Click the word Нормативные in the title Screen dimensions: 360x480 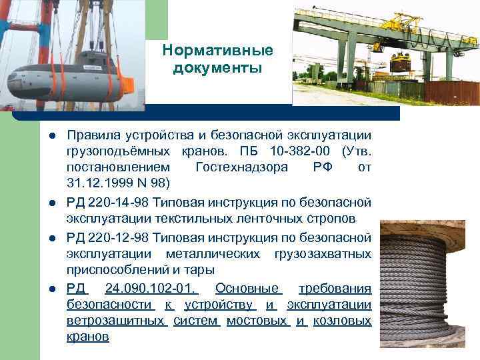coord(218,51)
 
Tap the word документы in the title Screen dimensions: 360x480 coord(218,69)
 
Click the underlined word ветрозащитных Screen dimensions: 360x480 coord(116,321)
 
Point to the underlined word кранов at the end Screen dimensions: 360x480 coord(88,337)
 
